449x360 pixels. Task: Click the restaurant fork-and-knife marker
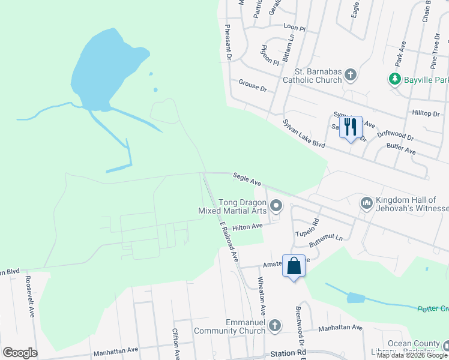[x=351, y=127]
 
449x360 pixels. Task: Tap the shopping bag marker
[x=294, y=266]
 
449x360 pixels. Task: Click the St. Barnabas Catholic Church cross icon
[x=351, y=75]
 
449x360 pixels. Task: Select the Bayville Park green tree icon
[x=394, y=79]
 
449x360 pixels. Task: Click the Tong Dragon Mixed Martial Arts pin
[x=276, y=206]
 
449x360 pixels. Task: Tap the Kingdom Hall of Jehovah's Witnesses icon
[x=367, y=204]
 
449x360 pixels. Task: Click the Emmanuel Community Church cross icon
[x=274, y=326]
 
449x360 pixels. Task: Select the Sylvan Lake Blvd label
[x=303, y=133]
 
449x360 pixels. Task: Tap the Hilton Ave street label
[x=248, y=226]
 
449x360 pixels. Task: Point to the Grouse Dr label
[x=252, y=85]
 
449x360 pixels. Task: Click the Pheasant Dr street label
[x=228, y=43]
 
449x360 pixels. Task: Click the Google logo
[x=20, y=353]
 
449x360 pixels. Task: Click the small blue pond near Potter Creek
[x=355, y=298]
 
